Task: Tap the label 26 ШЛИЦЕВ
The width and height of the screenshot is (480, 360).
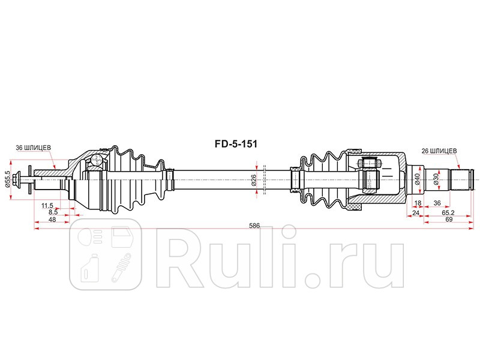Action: [x=440, y=151]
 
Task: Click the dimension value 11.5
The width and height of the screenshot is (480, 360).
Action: [x=47, y=206]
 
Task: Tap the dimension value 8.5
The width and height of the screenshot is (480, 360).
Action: [x=53, y=212]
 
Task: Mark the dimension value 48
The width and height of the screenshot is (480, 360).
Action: [x=52, y=220]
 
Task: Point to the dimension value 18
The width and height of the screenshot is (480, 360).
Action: [x=418, y=204]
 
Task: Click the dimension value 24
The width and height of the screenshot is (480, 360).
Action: [x=415, y=212]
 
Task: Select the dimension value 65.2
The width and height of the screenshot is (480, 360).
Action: [x=447, y=212]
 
